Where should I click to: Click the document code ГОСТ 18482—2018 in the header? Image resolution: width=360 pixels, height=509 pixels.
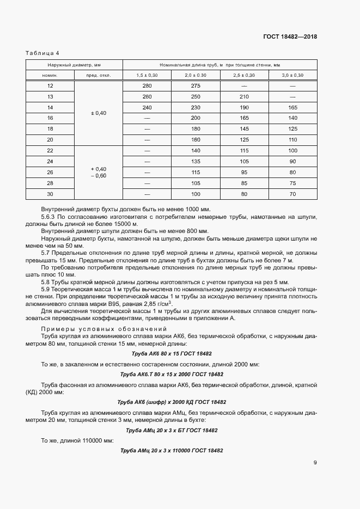[290, 37]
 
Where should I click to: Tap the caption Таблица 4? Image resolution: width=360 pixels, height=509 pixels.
[42, 53]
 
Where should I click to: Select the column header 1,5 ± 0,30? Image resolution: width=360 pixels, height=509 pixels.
[147, 75]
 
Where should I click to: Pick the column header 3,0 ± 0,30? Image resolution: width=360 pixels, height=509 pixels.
[292, 75]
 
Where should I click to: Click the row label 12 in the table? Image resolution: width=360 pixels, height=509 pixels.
[50, 86]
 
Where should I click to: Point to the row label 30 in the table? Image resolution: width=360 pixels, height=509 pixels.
[50, 194]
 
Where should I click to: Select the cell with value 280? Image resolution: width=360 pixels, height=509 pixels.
[147, 86]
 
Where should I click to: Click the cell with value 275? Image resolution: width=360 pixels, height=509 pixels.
[196, 86]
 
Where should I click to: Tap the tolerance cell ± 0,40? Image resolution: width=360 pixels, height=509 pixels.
[99, 113]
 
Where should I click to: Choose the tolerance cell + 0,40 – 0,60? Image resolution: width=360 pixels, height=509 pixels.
[99, 172]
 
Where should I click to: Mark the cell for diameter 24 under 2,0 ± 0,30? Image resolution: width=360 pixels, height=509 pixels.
[196, 161]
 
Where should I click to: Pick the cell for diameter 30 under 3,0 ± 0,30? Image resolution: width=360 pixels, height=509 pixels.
[292, 194]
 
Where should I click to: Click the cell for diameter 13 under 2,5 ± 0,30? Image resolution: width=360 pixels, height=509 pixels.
[244, 97]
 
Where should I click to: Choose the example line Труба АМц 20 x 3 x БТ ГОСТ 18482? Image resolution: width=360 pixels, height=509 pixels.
[172, 430]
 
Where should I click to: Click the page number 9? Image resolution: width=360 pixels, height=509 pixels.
[315, 463]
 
